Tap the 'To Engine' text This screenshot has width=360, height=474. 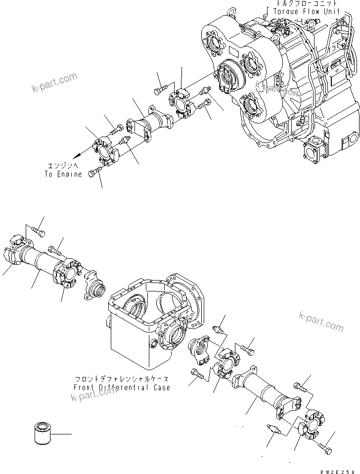click(x=63, y=174)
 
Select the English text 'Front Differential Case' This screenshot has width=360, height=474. click(x=121, y=387)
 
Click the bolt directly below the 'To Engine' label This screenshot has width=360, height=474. click(x=94, y=173)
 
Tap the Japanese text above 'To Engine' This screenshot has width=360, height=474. click(x=62, y=167)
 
